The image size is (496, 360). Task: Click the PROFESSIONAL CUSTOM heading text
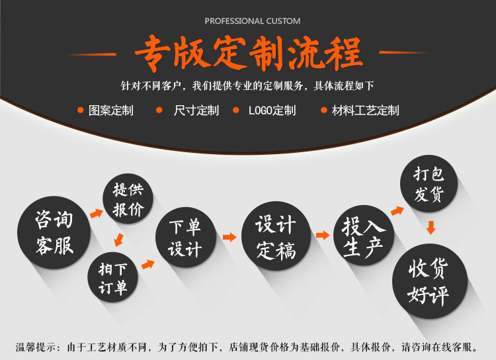tap(252, 21)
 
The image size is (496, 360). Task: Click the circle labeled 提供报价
tap(128, 200)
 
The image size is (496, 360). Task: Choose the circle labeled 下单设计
tap(185, 238)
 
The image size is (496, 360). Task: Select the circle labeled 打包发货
tap(429, 185)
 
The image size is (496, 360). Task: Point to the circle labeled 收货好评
tap(430, 281)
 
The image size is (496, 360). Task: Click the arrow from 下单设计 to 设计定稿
tap(229, 237)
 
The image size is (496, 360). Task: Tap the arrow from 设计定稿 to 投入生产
tap(322, 235)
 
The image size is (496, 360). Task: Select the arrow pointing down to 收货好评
tap(431, 227)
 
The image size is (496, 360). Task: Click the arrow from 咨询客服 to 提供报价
tap(97, 214)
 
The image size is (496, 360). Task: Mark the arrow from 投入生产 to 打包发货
tap(397, 210)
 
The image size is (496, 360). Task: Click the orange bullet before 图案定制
tap(81, 111)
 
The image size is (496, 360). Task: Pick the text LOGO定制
tap(272, 111)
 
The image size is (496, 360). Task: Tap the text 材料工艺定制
tap(365, 111)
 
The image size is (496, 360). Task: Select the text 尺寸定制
tap(196, 111)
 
